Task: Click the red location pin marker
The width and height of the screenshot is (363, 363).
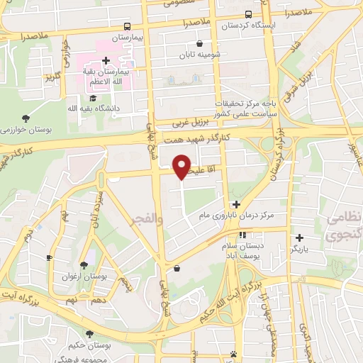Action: (182, 167)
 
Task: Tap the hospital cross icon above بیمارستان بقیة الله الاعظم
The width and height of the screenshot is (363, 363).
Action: (105, 61)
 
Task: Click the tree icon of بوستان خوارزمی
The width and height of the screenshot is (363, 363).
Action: (26, 118)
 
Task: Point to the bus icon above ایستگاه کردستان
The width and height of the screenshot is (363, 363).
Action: (247, 14)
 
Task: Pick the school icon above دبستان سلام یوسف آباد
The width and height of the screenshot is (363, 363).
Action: (242, 234)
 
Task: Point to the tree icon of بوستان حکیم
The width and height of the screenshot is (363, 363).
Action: (89, 334)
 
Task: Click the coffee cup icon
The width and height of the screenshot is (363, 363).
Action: (49, 257)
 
